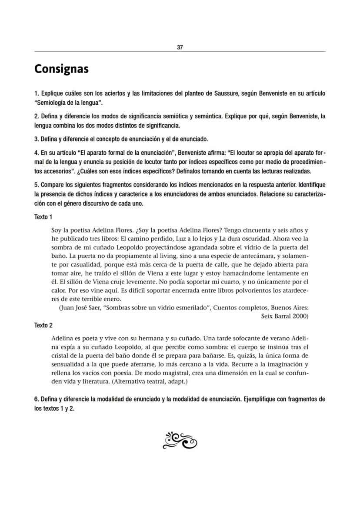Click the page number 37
click(x=180, y=48)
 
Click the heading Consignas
click(x=61, y=69)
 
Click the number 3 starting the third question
click(x=36, y=140)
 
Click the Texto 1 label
click(x=43, y=217)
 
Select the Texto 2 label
click(x=43, y=325)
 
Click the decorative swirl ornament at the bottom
click(x=180, y=440)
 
